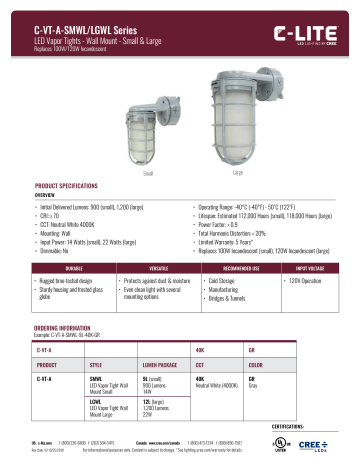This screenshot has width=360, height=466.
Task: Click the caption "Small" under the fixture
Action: click(x=151, y=146)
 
